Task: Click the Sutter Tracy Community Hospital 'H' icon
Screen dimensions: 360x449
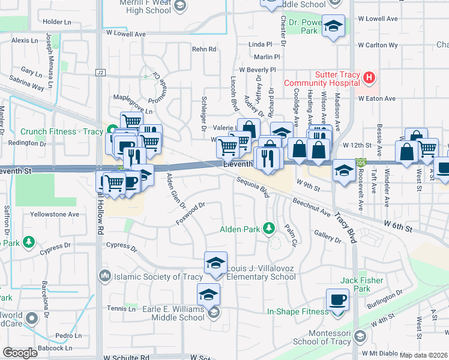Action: (369, 78)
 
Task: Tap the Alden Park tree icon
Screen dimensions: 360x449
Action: (270, 228)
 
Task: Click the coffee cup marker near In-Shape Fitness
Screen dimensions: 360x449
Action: (337, 299)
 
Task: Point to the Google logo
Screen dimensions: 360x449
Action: (20, 353)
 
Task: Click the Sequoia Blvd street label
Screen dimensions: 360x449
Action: (252, 187)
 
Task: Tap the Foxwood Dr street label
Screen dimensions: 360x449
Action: (191, 214)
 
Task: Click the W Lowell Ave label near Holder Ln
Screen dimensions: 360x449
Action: (125, 34)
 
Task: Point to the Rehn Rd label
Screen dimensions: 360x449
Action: (204, 49)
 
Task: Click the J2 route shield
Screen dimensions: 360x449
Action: (100, 72)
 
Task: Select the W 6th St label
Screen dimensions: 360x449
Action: (399, 227)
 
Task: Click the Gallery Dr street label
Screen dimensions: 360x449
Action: (327, 238)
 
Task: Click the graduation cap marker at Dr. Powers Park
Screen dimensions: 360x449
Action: (333, 26)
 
